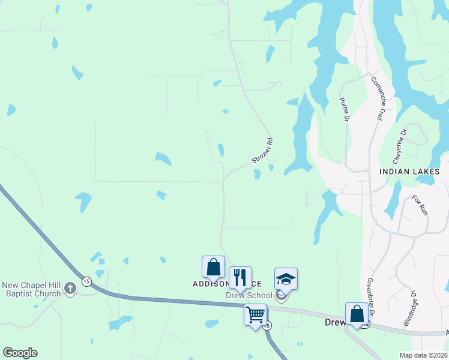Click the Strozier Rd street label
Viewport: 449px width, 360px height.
point(262,151)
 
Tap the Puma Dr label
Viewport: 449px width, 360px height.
point(345,110)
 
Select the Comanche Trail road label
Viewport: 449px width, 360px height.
point(377,99)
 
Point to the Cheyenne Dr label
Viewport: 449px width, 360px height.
point(399,146)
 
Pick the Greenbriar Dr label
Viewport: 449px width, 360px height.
point(370,296)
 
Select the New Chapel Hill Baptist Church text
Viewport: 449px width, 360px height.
point(32,289)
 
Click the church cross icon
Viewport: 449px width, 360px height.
point(70,289)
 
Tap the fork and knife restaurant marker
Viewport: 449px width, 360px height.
point(240,277)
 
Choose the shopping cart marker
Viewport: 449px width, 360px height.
point(255,314)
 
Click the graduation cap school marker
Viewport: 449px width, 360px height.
point(286,278)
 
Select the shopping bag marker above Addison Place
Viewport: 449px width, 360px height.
point(213,266)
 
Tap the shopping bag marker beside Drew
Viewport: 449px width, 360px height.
point(357,313)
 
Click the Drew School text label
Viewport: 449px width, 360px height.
point(249,295)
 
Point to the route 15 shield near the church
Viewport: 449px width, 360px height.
point(86,281)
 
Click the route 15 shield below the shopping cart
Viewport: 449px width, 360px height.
point(267,325)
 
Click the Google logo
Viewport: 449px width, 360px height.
point(20,353)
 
